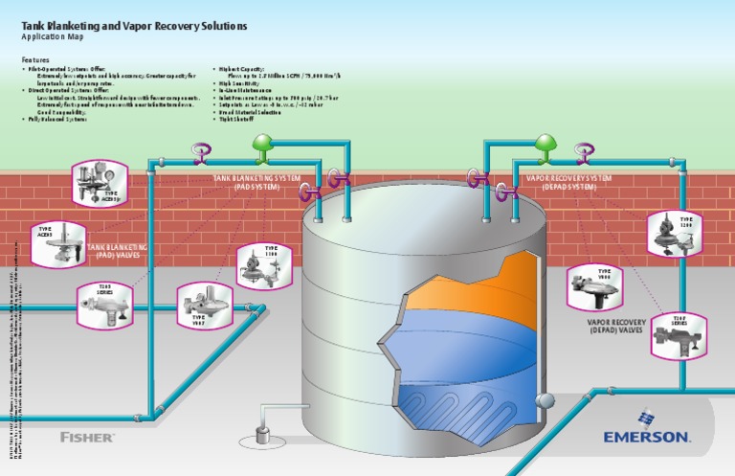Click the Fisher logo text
(x=87, y=437)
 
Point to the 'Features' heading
(x=36, y=58)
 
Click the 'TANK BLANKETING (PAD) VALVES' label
(x=118, y=252)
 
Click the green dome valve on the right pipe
(x=545, y=145)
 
